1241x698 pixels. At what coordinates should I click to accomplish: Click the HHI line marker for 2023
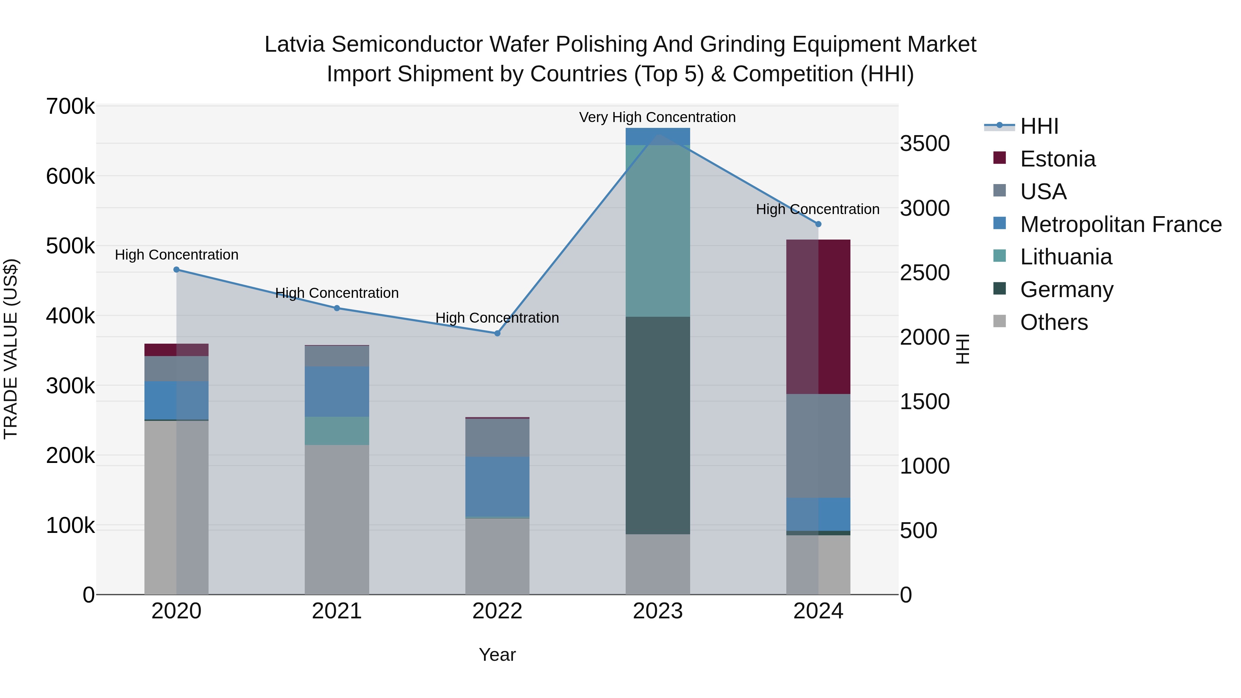pos(658,134)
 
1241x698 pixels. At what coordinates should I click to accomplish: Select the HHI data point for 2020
pos(176,270)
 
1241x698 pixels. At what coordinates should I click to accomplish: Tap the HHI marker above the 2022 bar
pos(497,333)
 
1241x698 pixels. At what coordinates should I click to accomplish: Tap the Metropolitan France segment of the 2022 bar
pos(497,486)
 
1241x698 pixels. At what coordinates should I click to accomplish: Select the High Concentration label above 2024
pos(818,210)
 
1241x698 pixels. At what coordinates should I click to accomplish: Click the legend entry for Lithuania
pos(1066,257)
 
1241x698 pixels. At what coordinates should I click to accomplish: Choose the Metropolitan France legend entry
pos(1121,224)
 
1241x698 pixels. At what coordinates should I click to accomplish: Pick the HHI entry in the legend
pos(1039,126)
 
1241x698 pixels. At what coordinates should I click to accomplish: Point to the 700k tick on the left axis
pos(70,107)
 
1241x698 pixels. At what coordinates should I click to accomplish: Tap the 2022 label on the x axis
pos(497,611)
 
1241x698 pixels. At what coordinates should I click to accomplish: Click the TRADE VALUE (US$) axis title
pos(11,349)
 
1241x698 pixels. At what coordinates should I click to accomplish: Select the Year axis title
pos(497,655)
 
